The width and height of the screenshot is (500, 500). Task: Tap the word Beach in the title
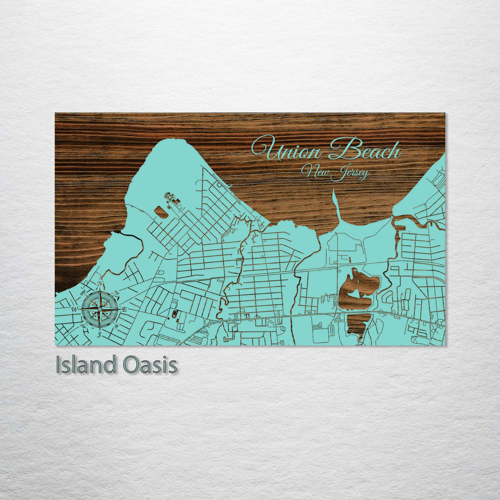366,150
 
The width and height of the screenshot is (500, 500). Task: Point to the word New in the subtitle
313,171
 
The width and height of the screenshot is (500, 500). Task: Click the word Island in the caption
86,365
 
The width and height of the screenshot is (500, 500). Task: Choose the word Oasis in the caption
150,365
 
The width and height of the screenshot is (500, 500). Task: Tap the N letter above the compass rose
100,284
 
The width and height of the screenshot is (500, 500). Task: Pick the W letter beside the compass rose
75,309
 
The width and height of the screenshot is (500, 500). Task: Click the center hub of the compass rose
100,309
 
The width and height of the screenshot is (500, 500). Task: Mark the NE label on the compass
117,292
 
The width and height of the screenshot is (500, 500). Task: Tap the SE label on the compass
116,326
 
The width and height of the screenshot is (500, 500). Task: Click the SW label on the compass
83,326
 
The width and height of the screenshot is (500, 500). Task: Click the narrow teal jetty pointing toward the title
336,204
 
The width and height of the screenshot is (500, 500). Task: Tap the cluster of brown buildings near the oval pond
173,199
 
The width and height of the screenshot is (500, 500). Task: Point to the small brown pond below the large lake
358,324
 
